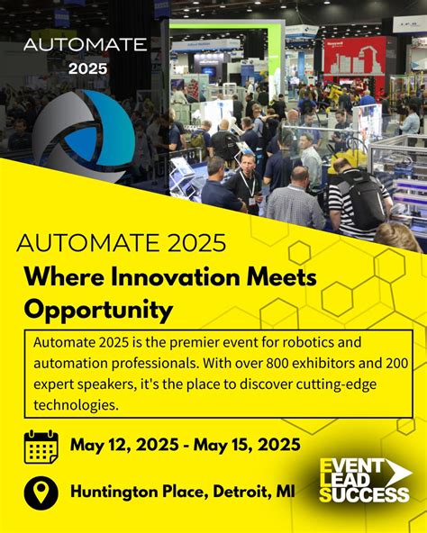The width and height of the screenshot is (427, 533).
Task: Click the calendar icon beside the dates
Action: pos(41,447)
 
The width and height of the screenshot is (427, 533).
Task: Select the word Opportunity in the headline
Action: pos(98,311)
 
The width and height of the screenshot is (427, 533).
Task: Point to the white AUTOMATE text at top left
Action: pos(85,44)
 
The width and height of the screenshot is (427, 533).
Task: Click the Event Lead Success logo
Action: pos(365,480)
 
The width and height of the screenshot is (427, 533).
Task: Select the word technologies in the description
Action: pos(75,406)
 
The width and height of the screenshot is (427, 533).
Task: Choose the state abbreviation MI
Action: pos(286,492)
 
